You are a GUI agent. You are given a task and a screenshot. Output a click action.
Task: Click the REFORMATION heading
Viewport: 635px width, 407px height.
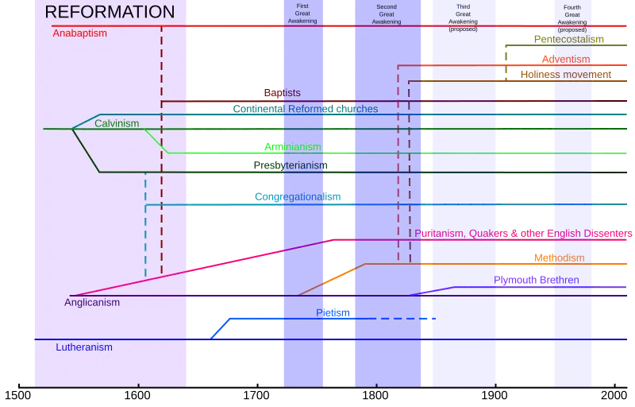tap(110, 12)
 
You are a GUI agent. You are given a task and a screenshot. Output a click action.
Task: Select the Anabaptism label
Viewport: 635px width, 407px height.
tap(79, 33)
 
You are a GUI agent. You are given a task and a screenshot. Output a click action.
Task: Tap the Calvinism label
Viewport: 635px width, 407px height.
tap(117, 123)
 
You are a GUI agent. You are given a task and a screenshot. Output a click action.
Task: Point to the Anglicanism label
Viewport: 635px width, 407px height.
tap(92, 302)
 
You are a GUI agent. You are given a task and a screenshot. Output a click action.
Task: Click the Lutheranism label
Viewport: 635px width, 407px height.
tap(84, 347)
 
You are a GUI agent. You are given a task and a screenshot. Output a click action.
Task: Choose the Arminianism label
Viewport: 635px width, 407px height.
tap(293, 147)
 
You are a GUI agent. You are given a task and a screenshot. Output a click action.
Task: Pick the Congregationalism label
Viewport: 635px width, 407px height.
tap(298, 196)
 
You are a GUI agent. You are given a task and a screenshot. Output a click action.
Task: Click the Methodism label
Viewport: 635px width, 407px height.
tap(559, 258)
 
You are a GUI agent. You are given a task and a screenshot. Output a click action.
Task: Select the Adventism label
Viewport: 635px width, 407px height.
tap(565, 59)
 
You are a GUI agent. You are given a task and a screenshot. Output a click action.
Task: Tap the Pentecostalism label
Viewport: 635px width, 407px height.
tap(569, 39)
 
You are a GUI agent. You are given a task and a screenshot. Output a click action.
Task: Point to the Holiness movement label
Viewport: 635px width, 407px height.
tap(567, 75)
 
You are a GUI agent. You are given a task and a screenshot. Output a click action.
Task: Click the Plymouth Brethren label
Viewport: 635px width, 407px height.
tap(537, 280)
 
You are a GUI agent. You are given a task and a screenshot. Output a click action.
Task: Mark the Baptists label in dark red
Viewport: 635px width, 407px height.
tap(281, 93)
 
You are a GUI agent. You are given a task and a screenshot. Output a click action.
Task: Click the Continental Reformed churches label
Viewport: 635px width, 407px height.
tap(306, 109)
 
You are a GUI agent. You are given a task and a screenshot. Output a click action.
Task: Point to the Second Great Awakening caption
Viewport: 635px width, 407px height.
tap(387, 14)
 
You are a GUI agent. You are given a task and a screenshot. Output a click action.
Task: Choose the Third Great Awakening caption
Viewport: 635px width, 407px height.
tap(464, 17)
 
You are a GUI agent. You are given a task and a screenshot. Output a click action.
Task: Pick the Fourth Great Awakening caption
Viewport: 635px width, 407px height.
tap(572, 17)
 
